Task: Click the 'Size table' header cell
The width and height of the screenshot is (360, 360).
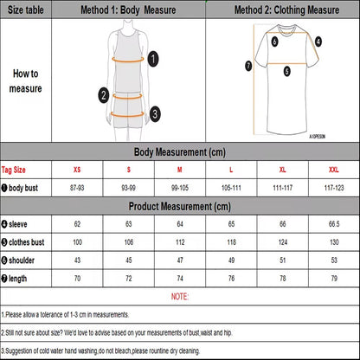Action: (26, 10)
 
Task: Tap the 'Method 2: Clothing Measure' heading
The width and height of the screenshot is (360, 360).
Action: (281, 10)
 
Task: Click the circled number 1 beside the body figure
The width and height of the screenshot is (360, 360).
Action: (153, 59)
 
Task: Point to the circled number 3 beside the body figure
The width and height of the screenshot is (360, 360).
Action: (154, 112)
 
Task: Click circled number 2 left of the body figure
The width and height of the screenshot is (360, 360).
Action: (103, 95)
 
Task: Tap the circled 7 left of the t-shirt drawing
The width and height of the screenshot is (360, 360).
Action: (248, 65)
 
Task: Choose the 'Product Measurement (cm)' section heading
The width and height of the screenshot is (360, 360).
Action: (180, 206)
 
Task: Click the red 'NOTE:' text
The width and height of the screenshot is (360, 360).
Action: (180, 296)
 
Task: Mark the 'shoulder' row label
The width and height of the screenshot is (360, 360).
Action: (19, 260)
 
